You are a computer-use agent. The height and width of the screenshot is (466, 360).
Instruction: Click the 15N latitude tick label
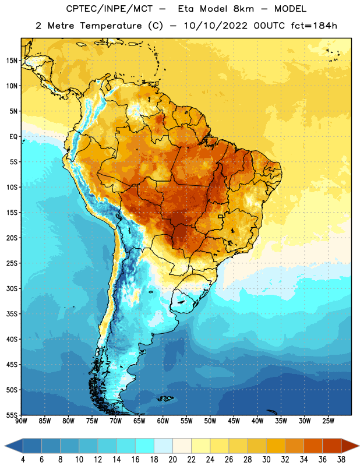12,61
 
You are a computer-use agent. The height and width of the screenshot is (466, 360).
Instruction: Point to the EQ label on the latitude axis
13,137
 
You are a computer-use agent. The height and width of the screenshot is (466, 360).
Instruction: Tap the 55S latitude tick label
12,415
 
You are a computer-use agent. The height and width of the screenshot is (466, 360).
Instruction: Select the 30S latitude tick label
12,288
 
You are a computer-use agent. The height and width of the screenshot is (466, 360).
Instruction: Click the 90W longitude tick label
21,421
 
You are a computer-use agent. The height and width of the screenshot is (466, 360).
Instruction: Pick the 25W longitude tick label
328,421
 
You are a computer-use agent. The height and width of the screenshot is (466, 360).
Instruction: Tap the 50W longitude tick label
210,421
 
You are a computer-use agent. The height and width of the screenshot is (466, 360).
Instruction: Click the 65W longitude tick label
139,421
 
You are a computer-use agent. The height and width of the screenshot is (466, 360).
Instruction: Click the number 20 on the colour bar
172,460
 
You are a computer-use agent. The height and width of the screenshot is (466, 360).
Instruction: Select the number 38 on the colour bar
341,460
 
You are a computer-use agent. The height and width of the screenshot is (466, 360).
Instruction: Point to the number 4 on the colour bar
23,460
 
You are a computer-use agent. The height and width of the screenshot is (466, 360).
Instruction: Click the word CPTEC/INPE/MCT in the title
109,9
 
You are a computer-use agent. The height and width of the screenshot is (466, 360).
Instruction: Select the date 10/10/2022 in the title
216,26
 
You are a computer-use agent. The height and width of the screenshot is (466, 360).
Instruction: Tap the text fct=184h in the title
314,26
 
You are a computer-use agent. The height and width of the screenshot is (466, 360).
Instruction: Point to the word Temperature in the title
111,26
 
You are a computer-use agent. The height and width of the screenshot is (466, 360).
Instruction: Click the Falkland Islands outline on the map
165,398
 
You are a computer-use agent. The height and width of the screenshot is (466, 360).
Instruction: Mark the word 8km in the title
243,9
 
